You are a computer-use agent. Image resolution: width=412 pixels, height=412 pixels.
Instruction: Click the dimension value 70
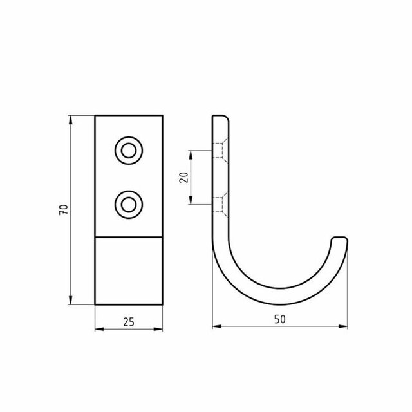click(x=64, y=210)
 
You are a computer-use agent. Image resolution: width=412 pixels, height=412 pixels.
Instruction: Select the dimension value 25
click(x=129, y=322)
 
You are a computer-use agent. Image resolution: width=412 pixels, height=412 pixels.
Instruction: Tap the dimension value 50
click(x=280, y=319)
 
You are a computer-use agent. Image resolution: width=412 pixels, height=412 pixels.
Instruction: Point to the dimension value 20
click(x=184, y=178)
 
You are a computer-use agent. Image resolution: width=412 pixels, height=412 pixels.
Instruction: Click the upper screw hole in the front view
click(x=129, y=151)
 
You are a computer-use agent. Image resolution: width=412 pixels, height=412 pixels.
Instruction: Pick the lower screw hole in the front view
click(x=129, y=205)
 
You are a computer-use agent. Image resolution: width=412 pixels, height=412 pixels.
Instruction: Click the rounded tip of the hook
click(x=339, y=238)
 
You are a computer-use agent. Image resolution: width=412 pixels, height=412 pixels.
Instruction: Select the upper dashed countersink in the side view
click(x=220, y=151)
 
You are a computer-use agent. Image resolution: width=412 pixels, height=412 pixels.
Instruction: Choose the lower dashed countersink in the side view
click(x=220, y=205)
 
